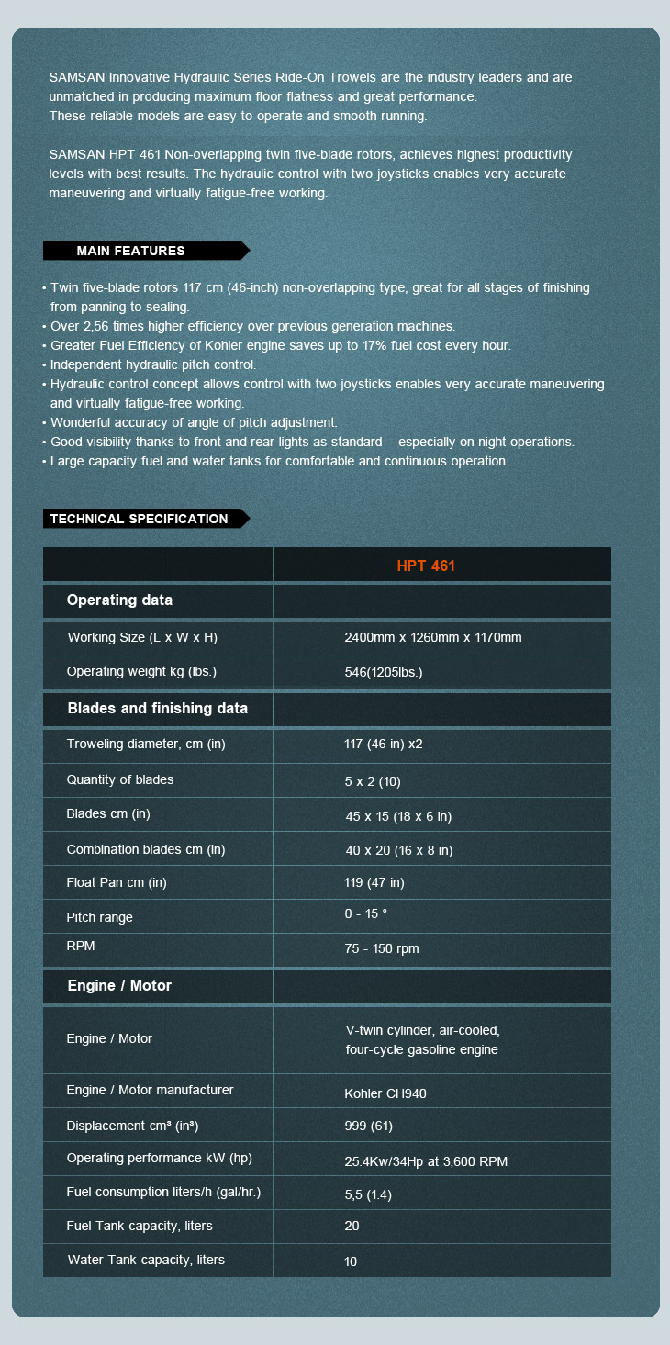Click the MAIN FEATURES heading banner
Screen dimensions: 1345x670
pyautogui.click(x=131, y=251)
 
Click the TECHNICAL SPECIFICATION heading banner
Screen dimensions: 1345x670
pyautogui.click(x=140, y=519)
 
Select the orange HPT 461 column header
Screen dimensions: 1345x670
pyautogui.click(x=426, y=566)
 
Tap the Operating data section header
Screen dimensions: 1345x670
pyautogui.click(x=119, y=600)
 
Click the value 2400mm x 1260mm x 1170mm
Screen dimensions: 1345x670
pyautogui.click(x=432, y=637)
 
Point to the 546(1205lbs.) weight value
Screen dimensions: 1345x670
pyautogui.click(x=383, y=672)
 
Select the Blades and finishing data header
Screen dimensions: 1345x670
pyautogui.click(x=157, y=709)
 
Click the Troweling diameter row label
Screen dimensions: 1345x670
pyautogui.click(x=145, y=744)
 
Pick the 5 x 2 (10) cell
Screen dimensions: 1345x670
pyautogui.click(x=373, y=781)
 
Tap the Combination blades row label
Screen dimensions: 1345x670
pyautogui.click(x=145, y=849)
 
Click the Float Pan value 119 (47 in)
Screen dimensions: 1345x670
pyautogui.click(x=374, y=882)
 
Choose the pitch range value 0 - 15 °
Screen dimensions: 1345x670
pyautogui.click(x=365, y=913)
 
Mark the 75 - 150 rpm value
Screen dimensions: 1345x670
pyautogui.click(x=382, y=948)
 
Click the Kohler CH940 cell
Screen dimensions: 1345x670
pyautogui.click(x=385, y=1093)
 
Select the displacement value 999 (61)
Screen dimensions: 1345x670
pyautogui.click(x=368, y=1126)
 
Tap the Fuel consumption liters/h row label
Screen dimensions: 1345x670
pyautogui.click(x=163, y=1192)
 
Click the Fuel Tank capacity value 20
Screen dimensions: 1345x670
pyautogui.click(x=352, y=1226)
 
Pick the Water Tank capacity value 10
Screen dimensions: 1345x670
pyautogui.click(x=351, y=1261)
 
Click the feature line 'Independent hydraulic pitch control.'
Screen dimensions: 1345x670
pyautogui.click(x=153, y=364)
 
